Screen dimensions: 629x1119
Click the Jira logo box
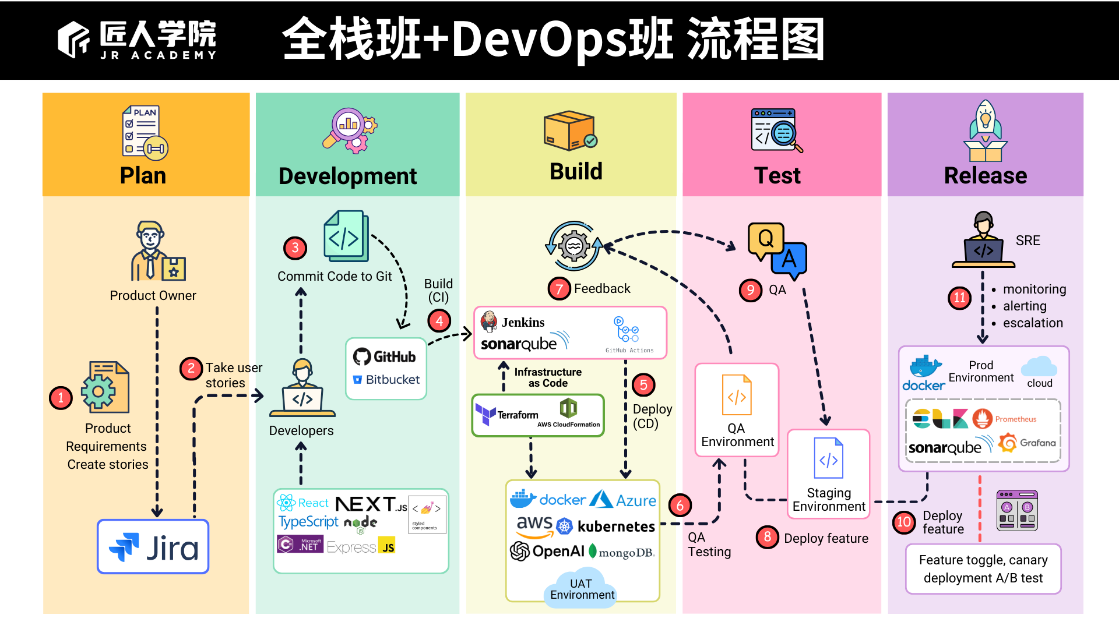pos(153,547)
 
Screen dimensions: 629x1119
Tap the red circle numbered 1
pos(61,398)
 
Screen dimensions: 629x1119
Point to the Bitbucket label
pos(392,380)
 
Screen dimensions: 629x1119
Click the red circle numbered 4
pos(439,321)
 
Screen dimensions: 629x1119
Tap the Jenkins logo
pos(513,322)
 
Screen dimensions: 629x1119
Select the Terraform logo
pos(506,415)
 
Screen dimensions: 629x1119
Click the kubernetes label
pos(615,526)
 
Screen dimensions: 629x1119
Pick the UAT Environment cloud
pos(581,589)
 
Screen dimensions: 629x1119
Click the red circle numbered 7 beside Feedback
pos(558,288)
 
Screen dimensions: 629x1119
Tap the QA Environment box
pos(737,410)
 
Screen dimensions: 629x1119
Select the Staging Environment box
pos(828,473)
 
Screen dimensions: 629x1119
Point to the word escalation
pos(1032,323)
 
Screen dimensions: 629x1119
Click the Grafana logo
pos(1027,443)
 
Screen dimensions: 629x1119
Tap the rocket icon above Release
pos(985,130)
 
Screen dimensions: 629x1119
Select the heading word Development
pos(347,176)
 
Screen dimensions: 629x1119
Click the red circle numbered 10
pos(903,522)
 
